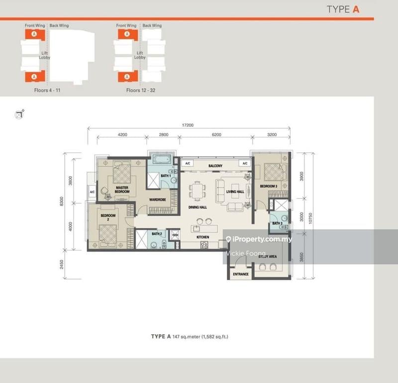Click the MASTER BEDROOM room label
tap(122, 190)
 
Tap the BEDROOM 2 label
tap(108, 217)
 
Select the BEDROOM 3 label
tap(269, 186)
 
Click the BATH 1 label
tap(166, 176)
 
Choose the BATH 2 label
tap(157, 234)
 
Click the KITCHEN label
tap(202, 238)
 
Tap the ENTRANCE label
tap(241, 274)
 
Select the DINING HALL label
tap(198, 207)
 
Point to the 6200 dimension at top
tap(216, 135)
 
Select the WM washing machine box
tap(175, 234)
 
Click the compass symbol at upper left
tap(19, 114)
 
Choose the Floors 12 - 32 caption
tap(140, 91)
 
